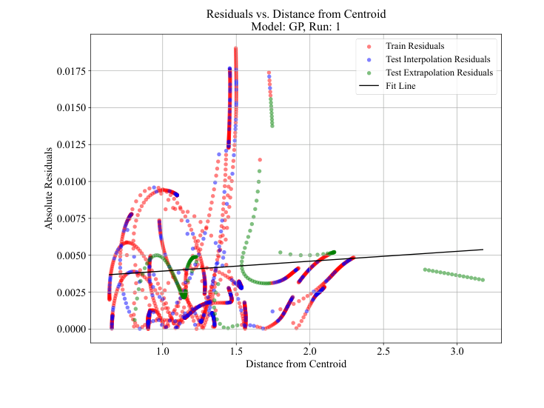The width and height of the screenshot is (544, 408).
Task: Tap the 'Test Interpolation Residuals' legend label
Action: [439, 59]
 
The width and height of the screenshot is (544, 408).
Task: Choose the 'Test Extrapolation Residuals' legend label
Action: [440, 73]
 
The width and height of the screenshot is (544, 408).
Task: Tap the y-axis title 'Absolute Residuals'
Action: [50, 189]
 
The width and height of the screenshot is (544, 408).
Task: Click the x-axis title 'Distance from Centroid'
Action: [295, 364]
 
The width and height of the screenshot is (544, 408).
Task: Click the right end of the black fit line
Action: [483, 250]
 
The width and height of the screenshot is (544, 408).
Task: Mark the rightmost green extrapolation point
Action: [483, 280]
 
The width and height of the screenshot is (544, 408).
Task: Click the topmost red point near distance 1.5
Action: [236, 49]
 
